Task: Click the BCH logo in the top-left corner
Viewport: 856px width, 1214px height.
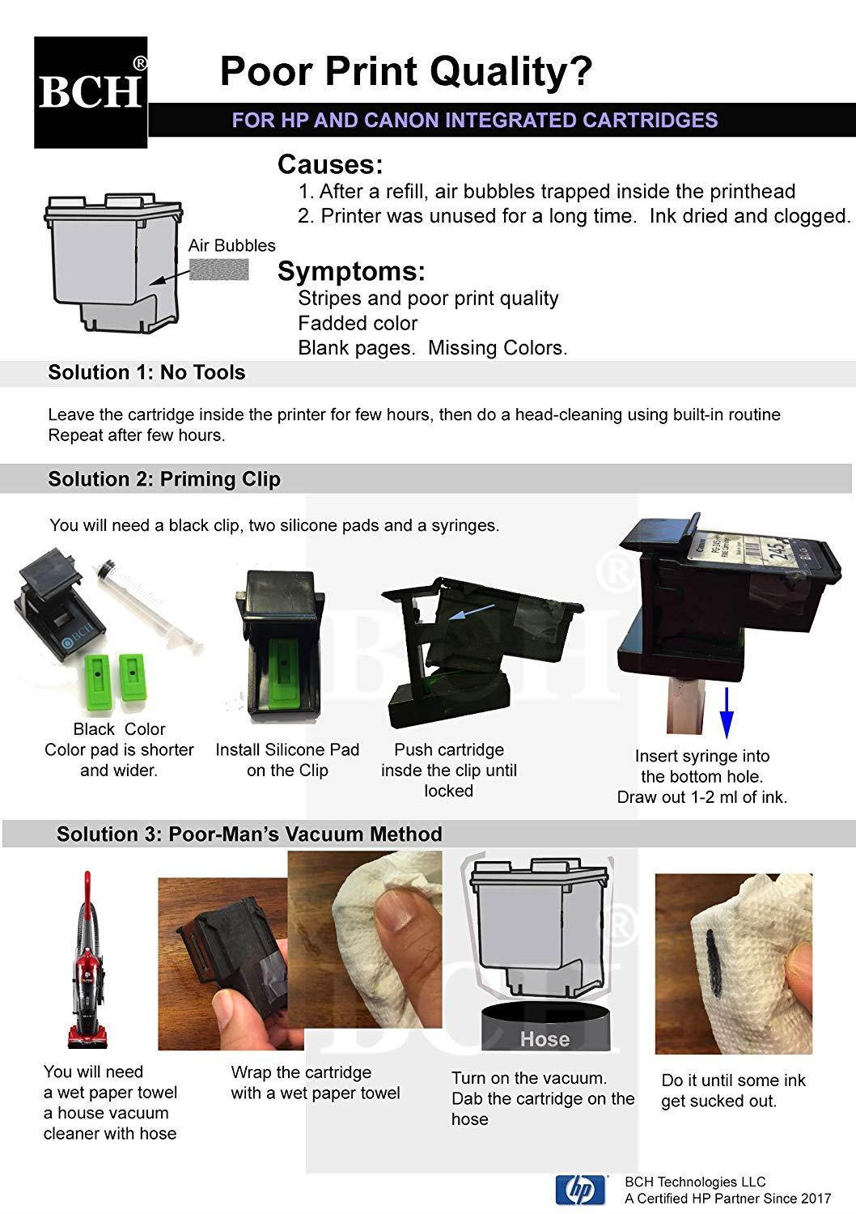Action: click(x=91, y=92)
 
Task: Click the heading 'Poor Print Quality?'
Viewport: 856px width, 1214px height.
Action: click(x=406, y=71)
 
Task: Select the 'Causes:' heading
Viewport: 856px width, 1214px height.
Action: click(x=330, y=165)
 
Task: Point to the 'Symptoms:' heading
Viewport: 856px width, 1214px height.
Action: click(x=351, y=271)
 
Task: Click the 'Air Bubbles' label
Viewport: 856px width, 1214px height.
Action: click(x=231, y=245)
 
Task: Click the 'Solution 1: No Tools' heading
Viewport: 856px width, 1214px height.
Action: click(x=146, y=372)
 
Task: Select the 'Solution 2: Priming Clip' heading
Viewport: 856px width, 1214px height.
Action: click(x=164, y=479)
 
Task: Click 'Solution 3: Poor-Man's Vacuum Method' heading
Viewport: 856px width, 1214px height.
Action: click(x=249, y=834)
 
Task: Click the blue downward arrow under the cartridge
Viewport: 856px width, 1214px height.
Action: click(x=726, y=712)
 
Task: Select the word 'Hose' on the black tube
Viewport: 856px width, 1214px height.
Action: click(x=545, y=1038)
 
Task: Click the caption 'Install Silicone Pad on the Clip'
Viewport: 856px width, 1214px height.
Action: click(x=287, y=760)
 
